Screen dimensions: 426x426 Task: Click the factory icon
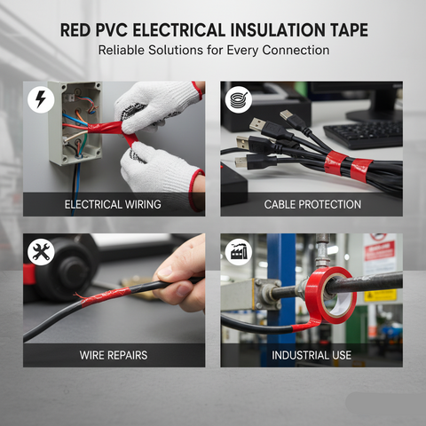(x=237, y=252)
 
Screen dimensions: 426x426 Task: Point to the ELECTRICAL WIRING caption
(x=114, y=204)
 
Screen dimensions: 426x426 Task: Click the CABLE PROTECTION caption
(x=312, y=204)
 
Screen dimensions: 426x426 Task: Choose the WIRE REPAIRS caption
(x=114, y=355)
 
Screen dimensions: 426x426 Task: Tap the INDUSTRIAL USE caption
(x=312, y=355)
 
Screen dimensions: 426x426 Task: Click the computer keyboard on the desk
(x=368, y=133)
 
